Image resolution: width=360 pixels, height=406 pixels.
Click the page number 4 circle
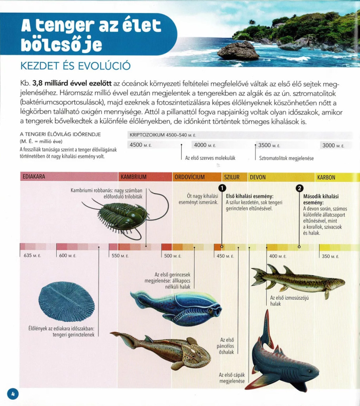tap(13, 394)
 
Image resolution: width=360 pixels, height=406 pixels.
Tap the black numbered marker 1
tap(222, 188)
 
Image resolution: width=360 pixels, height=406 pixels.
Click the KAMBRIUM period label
tap(133, 177)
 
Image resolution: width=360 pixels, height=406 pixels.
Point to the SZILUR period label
tap(232, 177)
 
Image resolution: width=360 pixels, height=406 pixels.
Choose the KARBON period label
tap(326, 177)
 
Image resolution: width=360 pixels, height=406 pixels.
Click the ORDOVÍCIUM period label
tap(190, 177)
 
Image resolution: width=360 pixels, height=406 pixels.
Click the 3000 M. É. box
tap(333, 146)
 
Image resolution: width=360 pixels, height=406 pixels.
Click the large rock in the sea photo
tap(238, 51)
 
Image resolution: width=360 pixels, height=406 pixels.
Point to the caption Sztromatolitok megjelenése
tap(286, 158)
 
